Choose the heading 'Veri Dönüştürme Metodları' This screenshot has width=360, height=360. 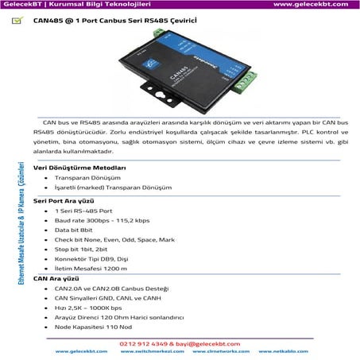80,168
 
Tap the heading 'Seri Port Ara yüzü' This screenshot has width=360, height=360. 65,201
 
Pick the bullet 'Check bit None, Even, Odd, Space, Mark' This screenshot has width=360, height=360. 114,239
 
